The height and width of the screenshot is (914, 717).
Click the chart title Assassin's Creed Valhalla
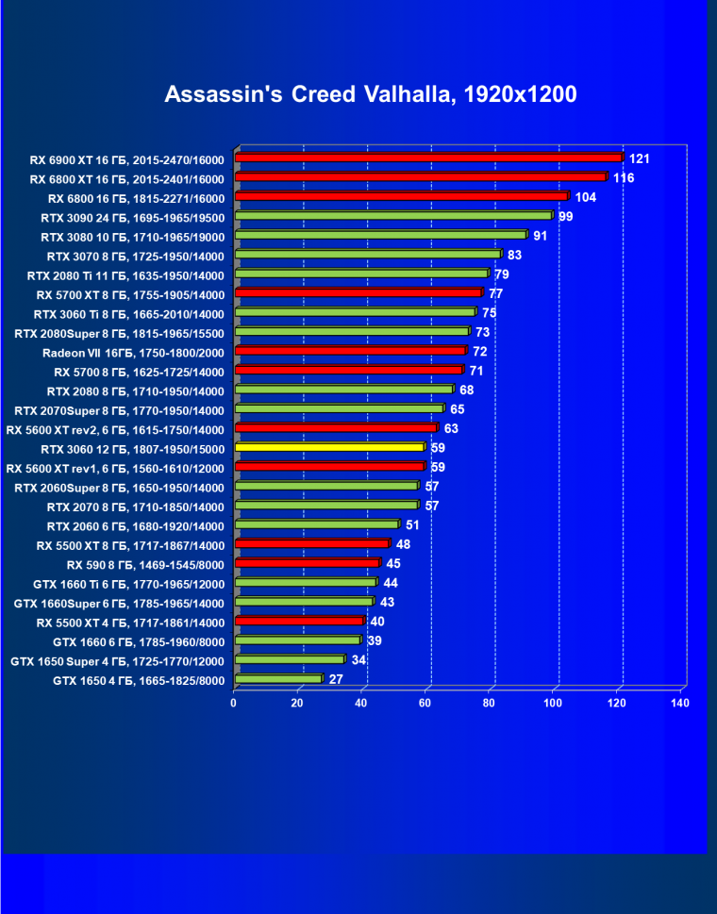[x=370, y=94]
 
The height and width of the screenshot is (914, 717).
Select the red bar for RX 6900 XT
[x=428, y=158]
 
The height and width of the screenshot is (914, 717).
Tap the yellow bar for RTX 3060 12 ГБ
[x=329, y=447]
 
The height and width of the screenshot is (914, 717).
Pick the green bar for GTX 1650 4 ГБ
[x=278, y=679]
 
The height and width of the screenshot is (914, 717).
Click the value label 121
[x=640, y=158]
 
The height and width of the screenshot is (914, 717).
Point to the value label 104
[x=585, y=197]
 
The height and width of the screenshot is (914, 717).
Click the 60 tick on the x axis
[x=425, y=704]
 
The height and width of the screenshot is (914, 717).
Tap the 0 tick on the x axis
[x=234, y=704]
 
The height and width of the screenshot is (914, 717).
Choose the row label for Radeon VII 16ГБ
[x=133, y=352]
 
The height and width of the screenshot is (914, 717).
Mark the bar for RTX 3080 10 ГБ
[x=380, y=236]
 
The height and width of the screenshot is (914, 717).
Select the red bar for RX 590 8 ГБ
[x=307, y=563]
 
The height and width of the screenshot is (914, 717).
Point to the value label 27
[x=336, y=679]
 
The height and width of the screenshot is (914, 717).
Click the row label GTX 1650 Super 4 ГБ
[x=117, y=660]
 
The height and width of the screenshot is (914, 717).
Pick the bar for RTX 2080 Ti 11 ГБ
[x=360, y=274]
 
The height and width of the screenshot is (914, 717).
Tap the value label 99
[x=566, y=217]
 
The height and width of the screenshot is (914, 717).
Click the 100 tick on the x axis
[x=554, y=704]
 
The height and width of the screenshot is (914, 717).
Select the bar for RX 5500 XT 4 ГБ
[x=298, y=622]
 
